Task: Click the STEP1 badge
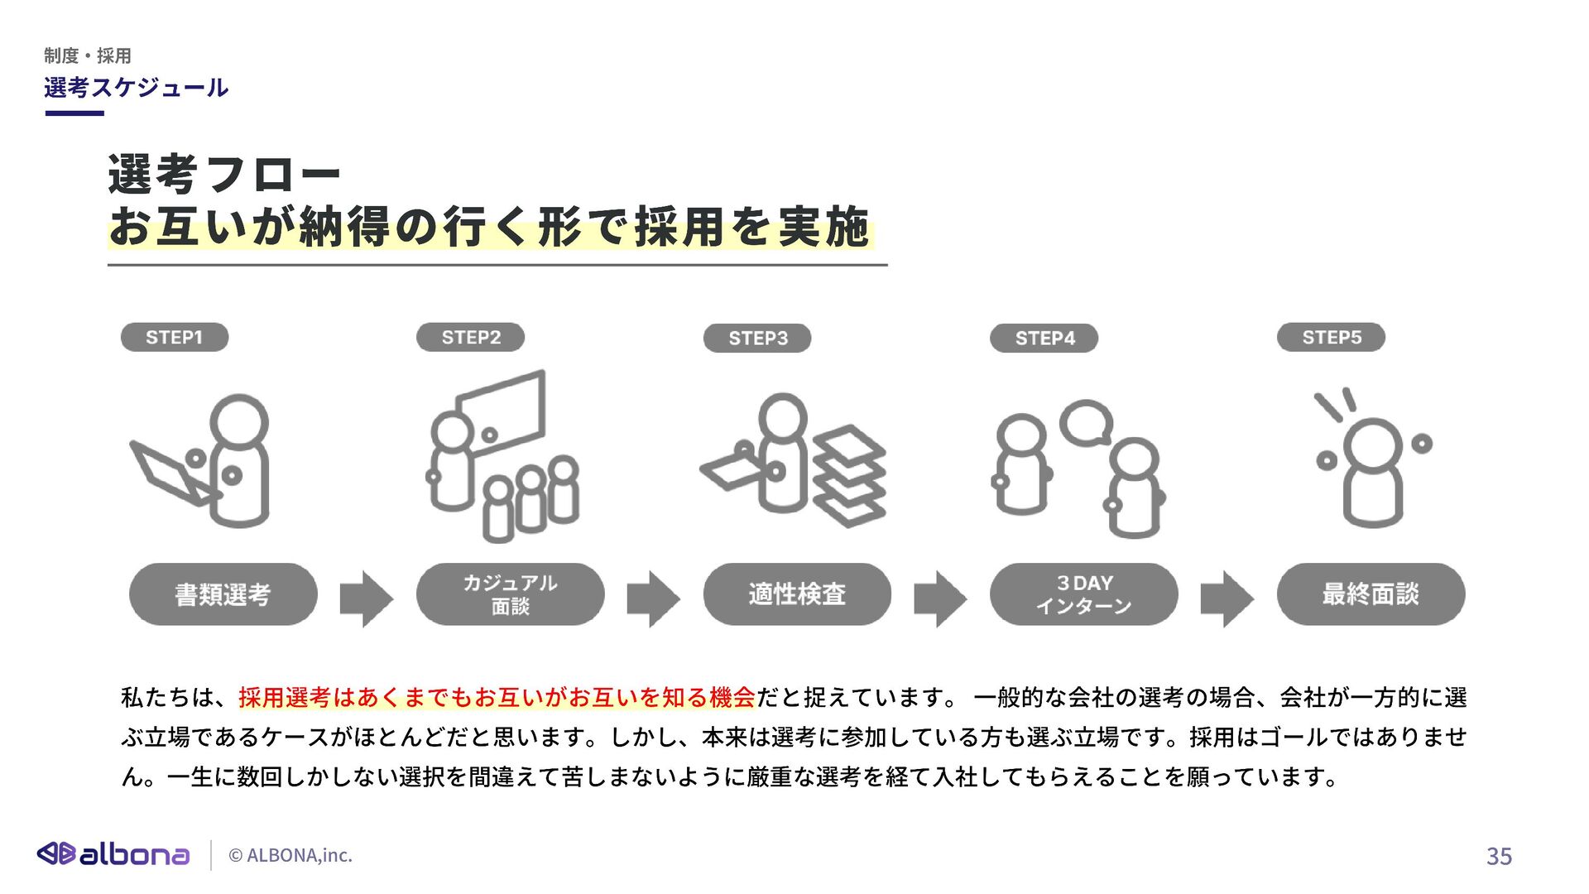(x=174, y=338)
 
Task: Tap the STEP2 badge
(x=470, y=338)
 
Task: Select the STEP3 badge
(x=757, y=339)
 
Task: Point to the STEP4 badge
(x=1044, y=339)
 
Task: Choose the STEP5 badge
(x=1331, y=338)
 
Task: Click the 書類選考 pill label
(x=223, y=594)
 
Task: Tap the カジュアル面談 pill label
(x=510, y=594)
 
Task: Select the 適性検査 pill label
(x=797, y=594)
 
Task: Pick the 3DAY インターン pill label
(x=1083, y=594)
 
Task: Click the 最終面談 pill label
(x=1371, y=594)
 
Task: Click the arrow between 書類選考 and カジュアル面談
(x=366, y=598)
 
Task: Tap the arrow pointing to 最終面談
(x=1227, y=598)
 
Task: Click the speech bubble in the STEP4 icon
(x=1086, y=423)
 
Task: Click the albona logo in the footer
(x=113, y=854)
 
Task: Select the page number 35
(x=1499, y=856)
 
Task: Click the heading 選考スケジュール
(x=136, y=88)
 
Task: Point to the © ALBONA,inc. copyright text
(x=290, y=856)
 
